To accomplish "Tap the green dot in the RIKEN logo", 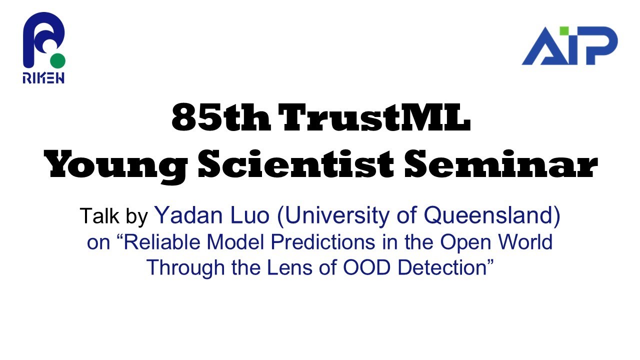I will click(58, 61).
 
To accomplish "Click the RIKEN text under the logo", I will click(43, 77).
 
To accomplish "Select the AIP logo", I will click(569, 46).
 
